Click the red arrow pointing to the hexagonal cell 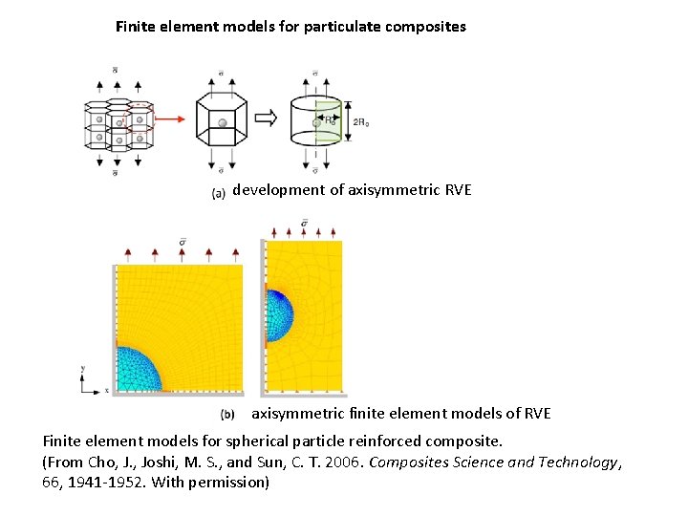171,119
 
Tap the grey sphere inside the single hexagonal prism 222,123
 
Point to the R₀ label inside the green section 330,121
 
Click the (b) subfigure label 227,414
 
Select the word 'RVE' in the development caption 459,189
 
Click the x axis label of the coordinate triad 107,390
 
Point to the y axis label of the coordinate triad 83,368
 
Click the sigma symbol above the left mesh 182,239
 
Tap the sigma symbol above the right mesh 304,225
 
